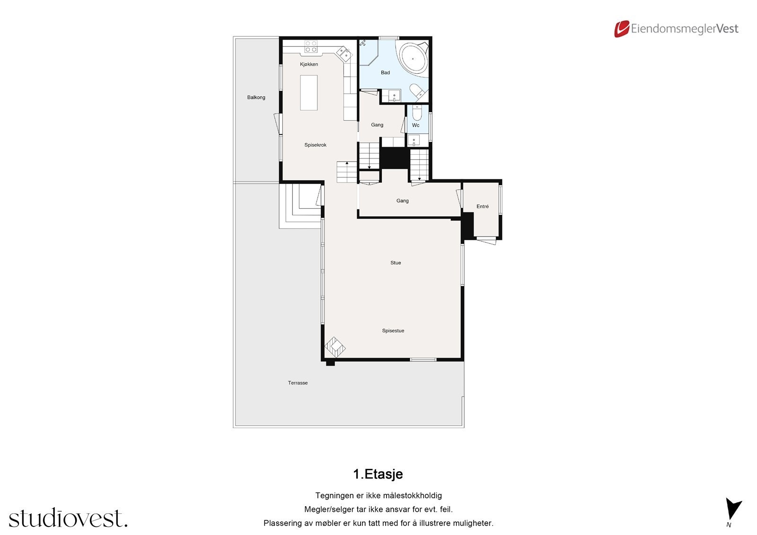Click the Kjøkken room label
tap(309, 64)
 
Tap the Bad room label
tap(386, 73)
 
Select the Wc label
tap(416, 125)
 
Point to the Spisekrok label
tap(316, 145)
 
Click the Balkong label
tap(256, 97)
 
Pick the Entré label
tap(483, 207)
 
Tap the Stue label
tap(396, 263)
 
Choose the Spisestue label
tap(393, 331)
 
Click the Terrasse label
tap(298, 383)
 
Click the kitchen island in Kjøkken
tap(309, 93)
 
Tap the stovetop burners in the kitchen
tap(311, 46)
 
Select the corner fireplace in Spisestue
tap(335, 348)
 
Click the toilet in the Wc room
tap(417, 114)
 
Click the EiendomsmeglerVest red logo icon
tap(621, 29)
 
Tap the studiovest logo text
tap(68, 518)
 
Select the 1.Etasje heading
tap(378, 474)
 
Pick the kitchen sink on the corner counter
tap(345, 53)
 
